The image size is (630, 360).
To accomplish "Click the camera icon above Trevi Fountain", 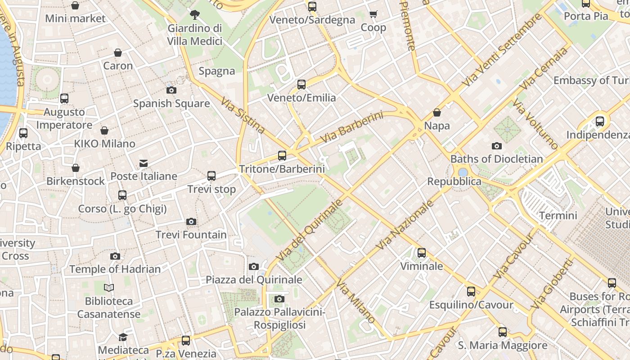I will pos(191,221).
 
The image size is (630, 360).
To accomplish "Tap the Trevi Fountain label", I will pos(191,234).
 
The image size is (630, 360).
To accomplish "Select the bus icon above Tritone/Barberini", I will pos(282,156).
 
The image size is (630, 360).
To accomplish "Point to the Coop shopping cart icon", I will pos(373,14).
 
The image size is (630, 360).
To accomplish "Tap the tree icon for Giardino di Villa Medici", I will pos(194,15).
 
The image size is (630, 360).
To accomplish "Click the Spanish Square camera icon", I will pos(171,90).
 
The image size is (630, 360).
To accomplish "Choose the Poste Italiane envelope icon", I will pos(144,163).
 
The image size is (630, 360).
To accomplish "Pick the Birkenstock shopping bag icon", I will pos(76,168).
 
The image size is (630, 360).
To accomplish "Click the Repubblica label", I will pos(454,181).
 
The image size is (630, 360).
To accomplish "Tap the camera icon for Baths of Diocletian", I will pos(497,146).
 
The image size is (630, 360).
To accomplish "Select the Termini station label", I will pos(558,215).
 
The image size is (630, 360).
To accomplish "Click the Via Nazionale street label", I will pos(405,225).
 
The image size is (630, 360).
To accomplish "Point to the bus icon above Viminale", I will pos(422,253).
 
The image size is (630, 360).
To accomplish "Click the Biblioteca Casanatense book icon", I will pos(109,288).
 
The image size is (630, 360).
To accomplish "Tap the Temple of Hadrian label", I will pos(115,269).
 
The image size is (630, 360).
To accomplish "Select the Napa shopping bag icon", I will pos(437,112).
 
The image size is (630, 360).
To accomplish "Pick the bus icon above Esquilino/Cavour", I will pos(471,292).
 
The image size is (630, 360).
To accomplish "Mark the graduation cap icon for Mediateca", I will pos(123,337).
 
